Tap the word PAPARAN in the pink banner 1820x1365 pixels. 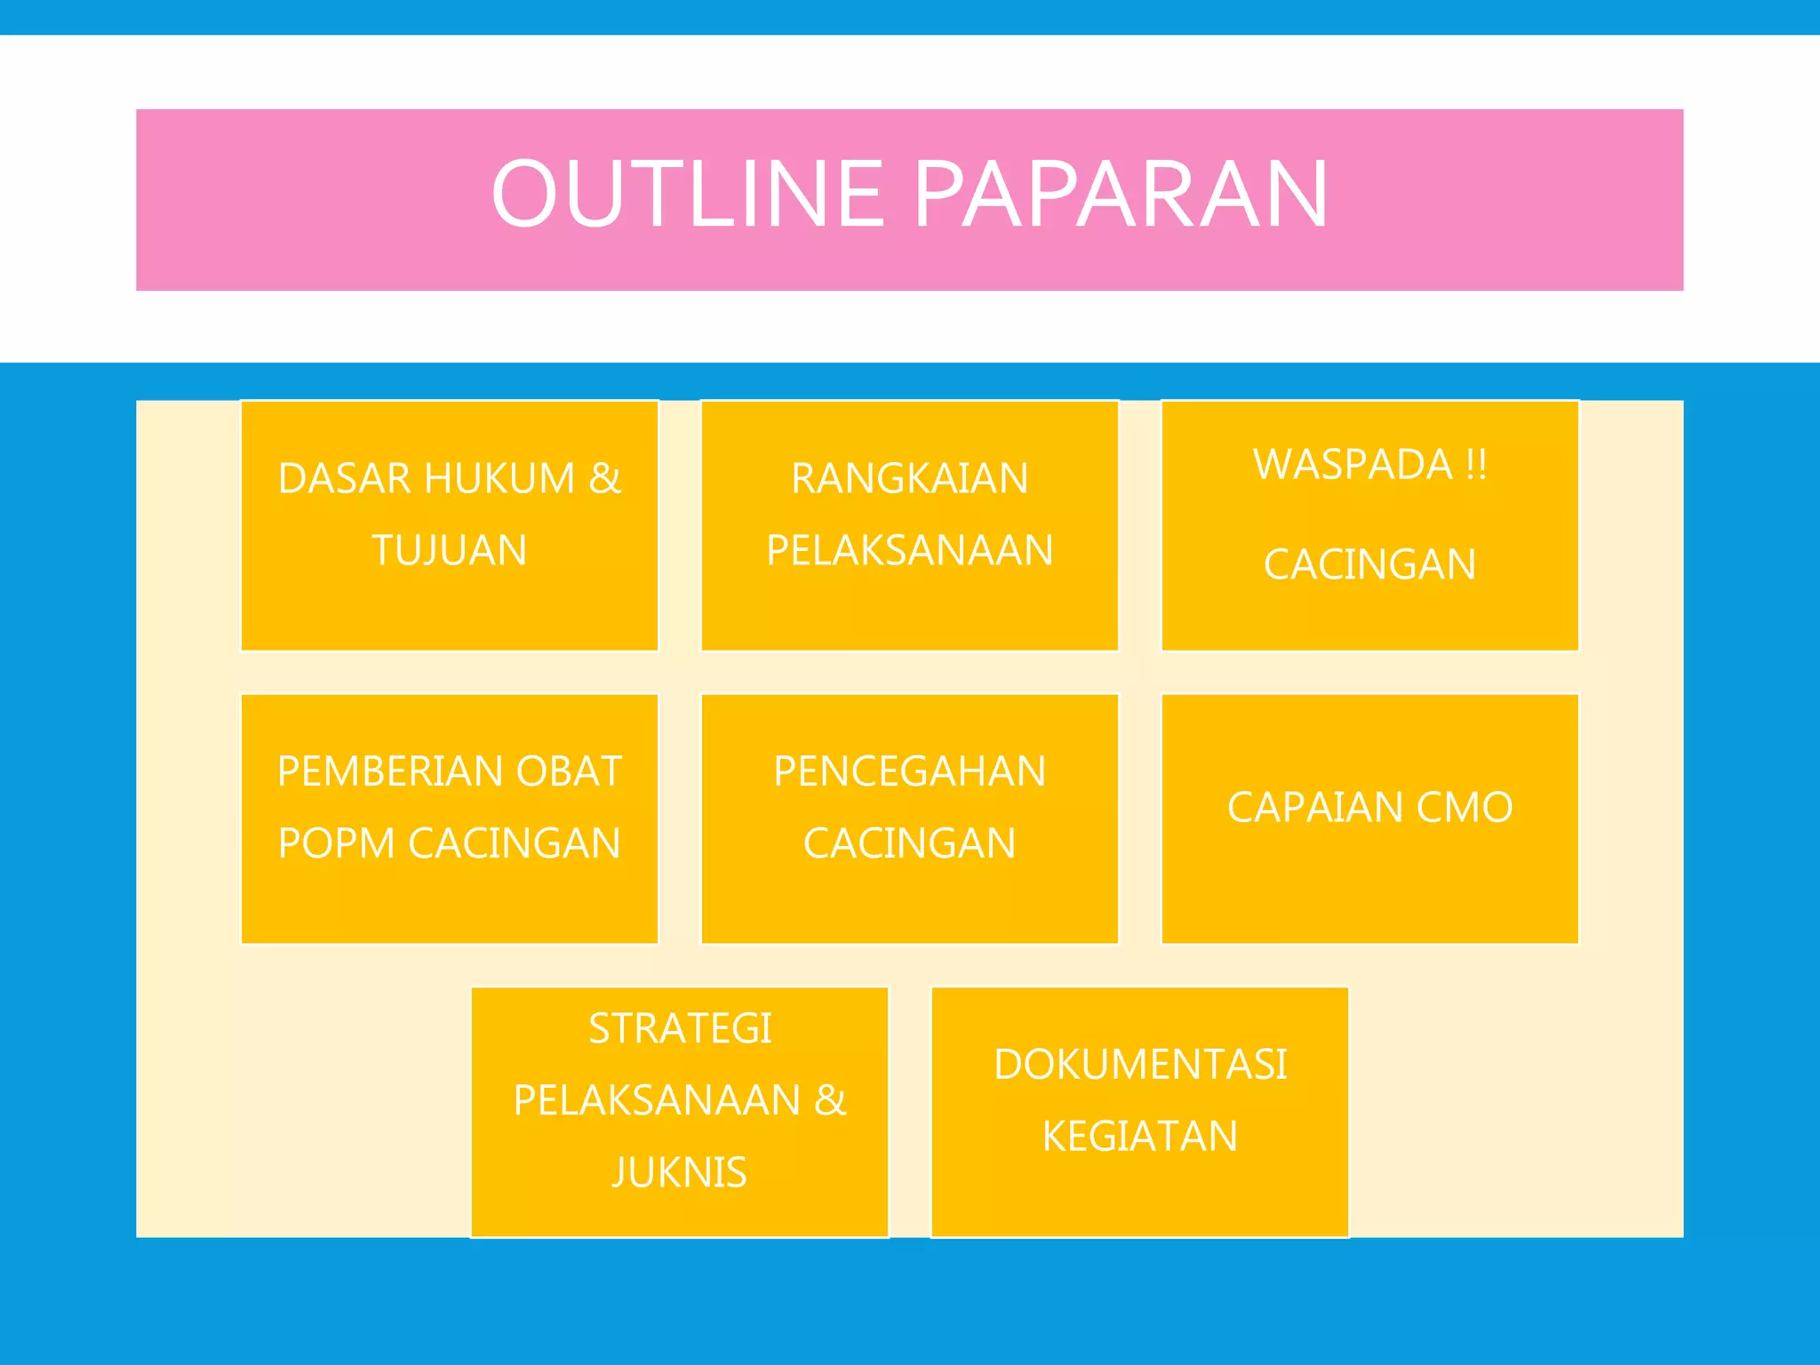1121,193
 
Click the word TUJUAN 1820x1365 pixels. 450,550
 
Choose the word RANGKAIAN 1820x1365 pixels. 910,479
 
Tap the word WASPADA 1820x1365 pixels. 1353,464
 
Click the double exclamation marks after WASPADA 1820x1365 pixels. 1476,464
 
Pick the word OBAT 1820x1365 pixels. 569,771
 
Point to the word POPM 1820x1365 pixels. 336,843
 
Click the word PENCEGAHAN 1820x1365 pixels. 910,771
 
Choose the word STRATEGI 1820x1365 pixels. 680,1029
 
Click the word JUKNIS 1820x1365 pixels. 680,1172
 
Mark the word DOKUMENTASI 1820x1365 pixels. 1140,1065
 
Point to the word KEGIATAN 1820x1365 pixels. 1140,1137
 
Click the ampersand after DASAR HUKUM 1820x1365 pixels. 604,479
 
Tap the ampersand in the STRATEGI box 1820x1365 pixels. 830,1100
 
